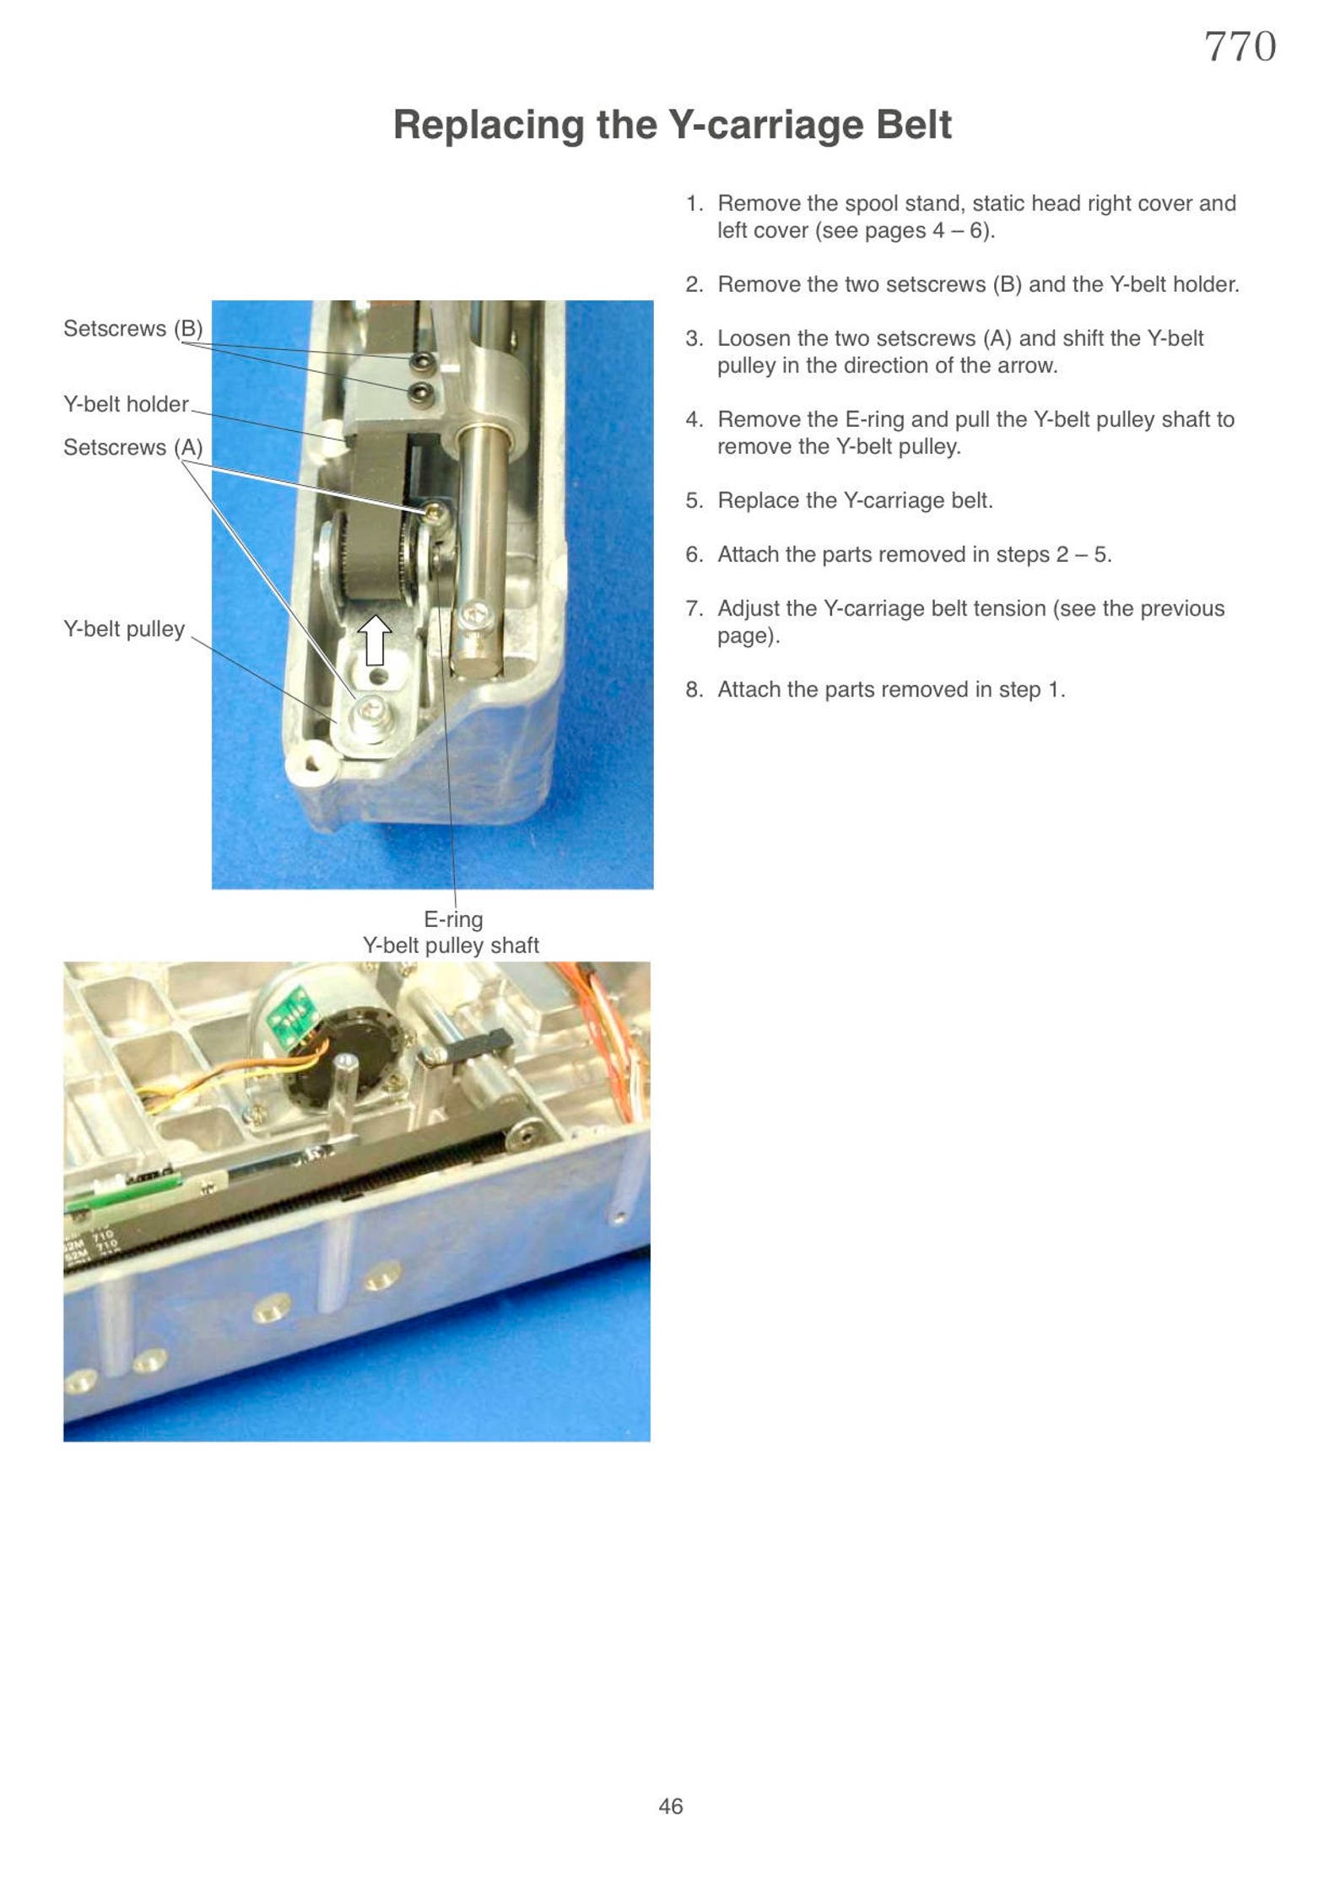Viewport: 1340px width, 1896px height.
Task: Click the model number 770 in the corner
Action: click(x=1239, y=47)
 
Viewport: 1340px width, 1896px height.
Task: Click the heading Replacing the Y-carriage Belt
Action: click(x=672, y=125)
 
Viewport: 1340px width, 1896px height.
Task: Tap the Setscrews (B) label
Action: click(x=132, y=328)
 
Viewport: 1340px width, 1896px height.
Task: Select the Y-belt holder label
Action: click(x=126, y=404)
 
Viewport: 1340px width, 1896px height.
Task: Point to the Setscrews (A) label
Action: click(x=132, y=447)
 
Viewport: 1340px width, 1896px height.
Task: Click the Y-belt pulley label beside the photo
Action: click(x=124, y=628)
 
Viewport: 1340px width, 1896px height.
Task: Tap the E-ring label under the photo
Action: click(x=453, y=918)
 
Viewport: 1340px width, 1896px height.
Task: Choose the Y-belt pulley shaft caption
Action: click(x=451, y=945)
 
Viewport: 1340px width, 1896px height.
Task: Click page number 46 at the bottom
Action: click(x=671, y=1806)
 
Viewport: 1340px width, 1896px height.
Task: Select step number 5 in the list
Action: click(x=694, y=500)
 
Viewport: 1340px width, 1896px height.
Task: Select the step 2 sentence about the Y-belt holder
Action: click(x=978, y=284)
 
